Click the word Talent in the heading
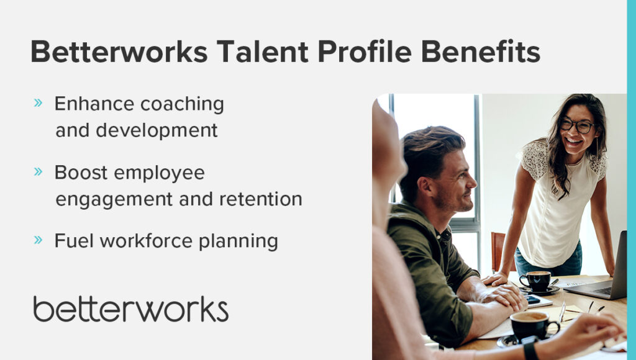pyautogui.click(x=262, y=52)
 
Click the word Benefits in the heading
pyautogui.click(x=481, y=52)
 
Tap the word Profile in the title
pyautogui.click(x=365, y=52)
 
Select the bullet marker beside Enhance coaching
pyautogui.click(x=38, y=102)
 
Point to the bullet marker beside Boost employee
pyautogui.click(x=38, y=171)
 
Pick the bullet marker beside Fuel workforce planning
pyautogui.click(x=38, y=240)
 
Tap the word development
pyautogui.click(x=157, y=130)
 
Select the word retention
pyautogui.click(x=260, y=199)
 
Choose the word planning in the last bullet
pyautogui.click(x=238, y=241)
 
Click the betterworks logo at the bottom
pyautogui.click(x=130, y=309)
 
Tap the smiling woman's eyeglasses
pyautogui.click(x=577, y=125)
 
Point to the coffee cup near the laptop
pyautogui.click(x=535, y=281)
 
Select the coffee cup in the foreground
pyautogui.click(x=534, y=325)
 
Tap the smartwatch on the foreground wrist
pyautogui.click(x=530, y=349)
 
